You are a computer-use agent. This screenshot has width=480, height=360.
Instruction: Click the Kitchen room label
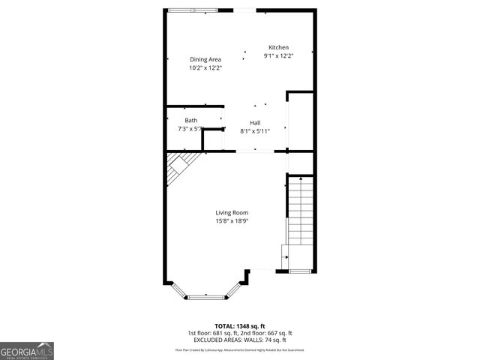pos(278,47)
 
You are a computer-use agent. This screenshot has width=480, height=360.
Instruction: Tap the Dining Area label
pos(205,59)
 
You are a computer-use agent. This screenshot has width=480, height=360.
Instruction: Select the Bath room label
pos(191,120)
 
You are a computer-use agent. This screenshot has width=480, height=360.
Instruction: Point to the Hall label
pos(255,122)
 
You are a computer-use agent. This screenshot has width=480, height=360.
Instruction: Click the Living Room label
pos(232,212)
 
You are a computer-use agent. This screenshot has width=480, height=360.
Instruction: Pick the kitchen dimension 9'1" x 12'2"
pos(278,55)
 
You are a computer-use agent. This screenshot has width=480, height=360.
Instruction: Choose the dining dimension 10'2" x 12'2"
pos(205,67)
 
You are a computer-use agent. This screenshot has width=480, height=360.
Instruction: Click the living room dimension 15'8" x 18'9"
pos(232,220)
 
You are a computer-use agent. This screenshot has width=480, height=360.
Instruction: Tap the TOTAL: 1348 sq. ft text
pos(240,326)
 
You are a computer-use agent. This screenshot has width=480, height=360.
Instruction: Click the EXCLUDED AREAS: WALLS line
pos(240,340)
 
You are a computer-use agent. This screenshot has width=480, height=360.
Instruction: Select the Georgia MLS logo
pos(27,350)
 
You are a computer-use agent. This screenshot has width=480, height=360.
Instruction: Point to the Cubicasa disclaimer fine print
pos(240,349)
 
